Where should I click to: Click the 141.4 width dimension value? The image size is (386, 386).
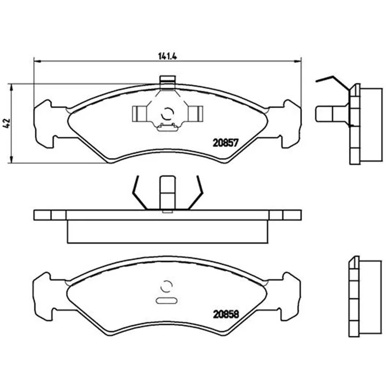click(167, 56)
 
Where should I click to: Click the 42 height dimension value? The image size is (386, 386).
click(7, 123)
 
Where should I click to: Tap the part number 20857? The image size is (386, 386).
click(226, 143)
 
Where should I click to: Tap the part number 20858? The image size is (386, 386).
click(226, 314)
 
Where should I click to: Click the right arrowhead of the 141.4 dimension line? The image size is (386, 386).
click(298, 60)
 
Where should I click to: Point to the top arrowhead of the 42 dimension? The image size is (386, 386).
click(11, 87)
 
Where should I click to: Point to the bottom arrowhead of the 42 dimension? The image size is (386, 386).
click(11, 160)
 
